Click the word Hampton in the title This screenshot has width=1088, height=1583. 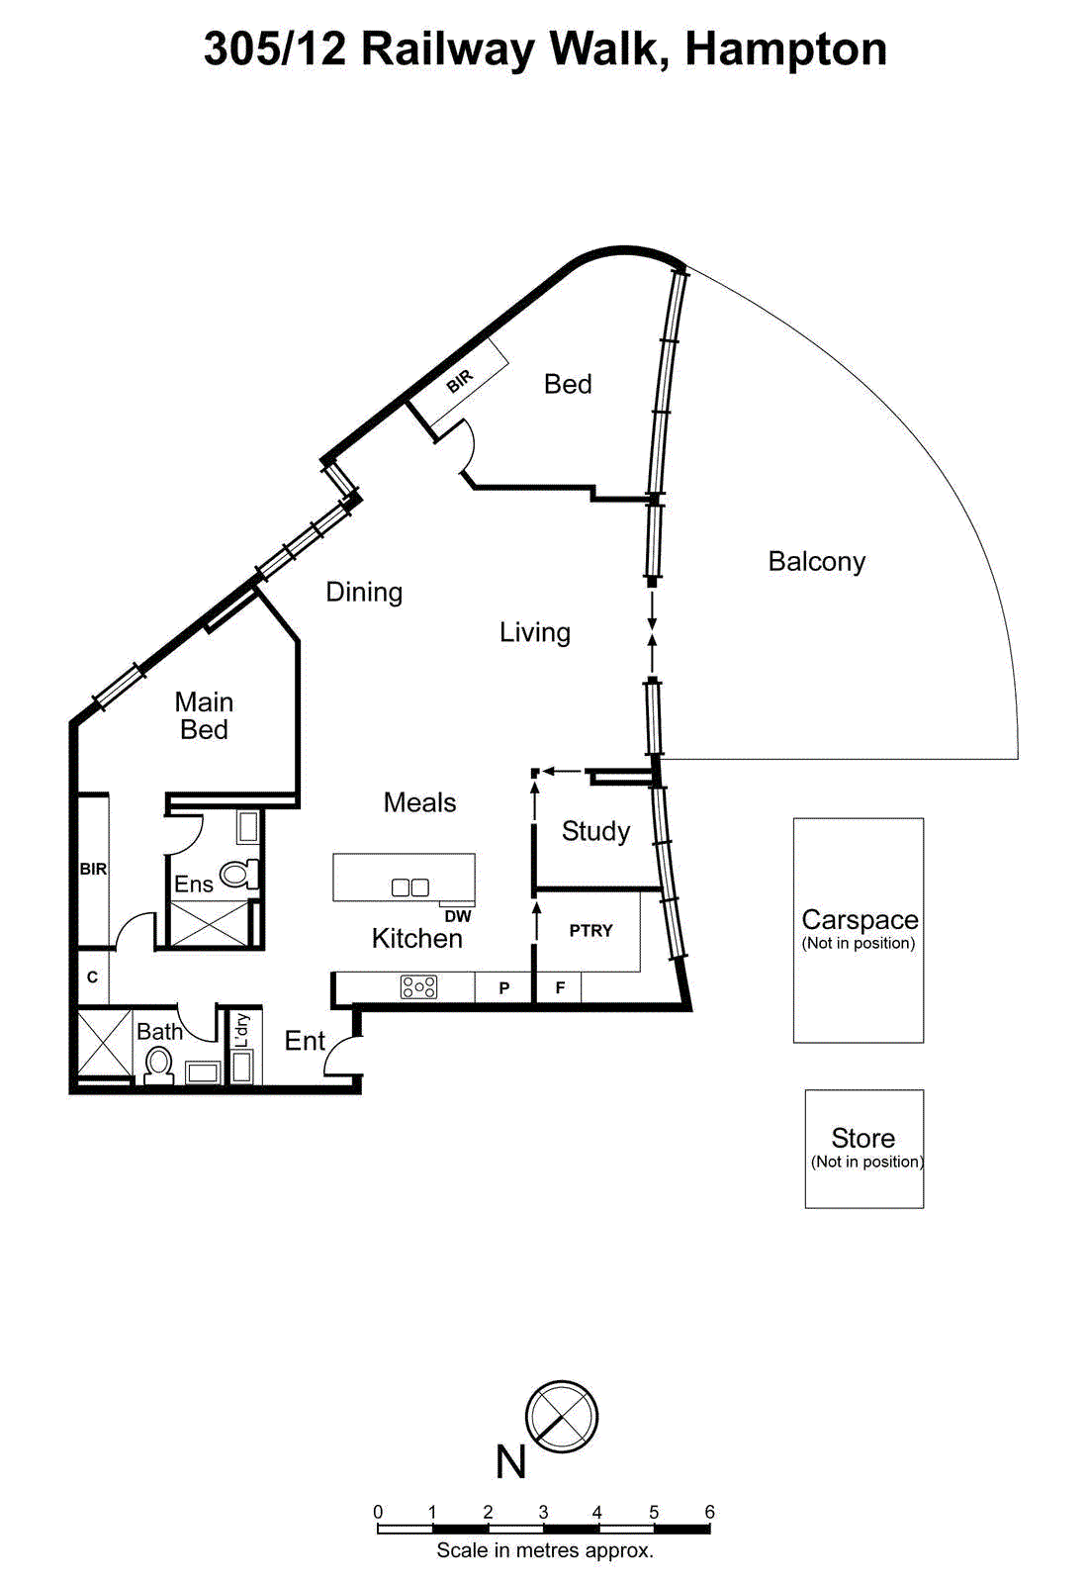[785, 48]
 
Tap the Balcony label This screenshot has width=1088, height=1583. [816, 562]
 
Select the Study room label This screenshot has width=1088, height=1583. [595, 831]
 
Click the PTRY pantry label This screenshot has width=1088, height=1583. [590, 931]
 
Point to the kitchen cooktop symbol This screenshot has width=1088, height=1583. [418, 986]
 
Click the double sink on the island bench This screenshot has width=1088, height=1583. [409, 887]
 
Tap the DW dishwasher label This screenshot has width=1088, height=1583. [458, 917]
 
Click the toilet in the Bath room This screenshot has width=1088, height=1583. [158, 1066]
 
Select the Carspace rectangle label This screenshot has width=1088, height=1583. [859, 920]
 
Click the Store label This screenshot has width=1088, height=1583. [862, 1138]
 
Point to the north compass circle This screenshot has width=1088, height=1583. [562, 1417]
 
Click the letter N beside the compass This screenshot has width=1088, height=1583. [510, 1462]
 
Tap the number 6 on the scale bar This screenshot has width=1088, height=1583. [709, 1512]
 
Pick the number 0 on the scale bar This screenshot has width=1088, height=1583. [378, 1512]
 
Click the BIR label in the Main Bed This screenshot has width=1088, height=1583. [93, 869]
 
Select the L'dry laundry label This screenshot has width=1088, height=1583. [241, 1030]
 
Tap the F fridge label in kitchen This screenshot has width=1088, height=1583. [560, 987]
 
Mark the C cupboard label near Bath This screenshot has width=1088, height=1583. [92, 978]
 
